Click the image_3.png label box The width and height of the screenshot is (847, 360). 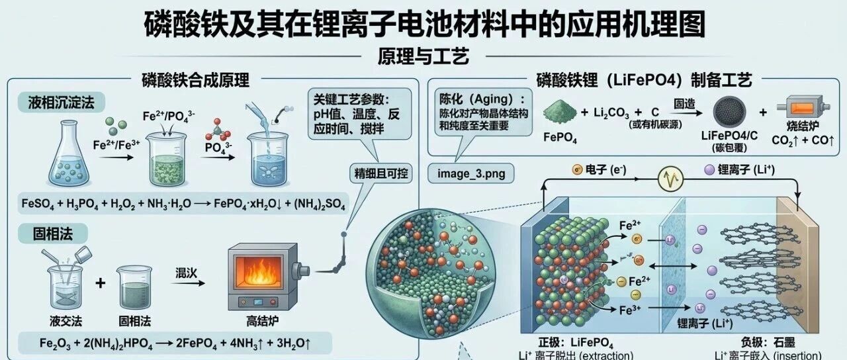(x=471, y=174)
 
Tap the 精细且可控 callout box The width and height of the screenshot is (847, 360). (x=381, y=175)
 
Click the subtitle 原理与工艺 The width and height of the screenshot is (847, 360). (x=423, y=56)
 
